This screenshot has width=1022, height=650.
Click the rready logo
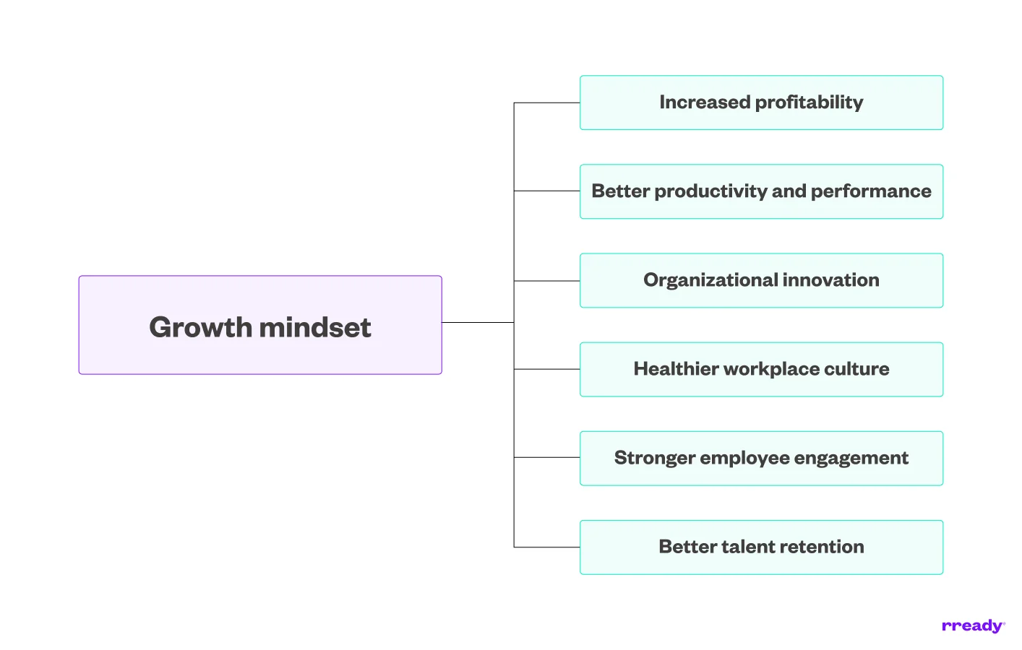(973, 626)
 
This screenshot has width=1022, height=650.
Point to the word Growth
(200, 327)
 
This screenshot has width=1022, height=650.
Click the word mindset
(315, 327)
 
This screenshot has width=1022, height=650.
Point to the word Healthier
(675, 369)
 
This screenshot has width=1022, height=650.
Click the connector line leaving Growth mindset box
(477, 322)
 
